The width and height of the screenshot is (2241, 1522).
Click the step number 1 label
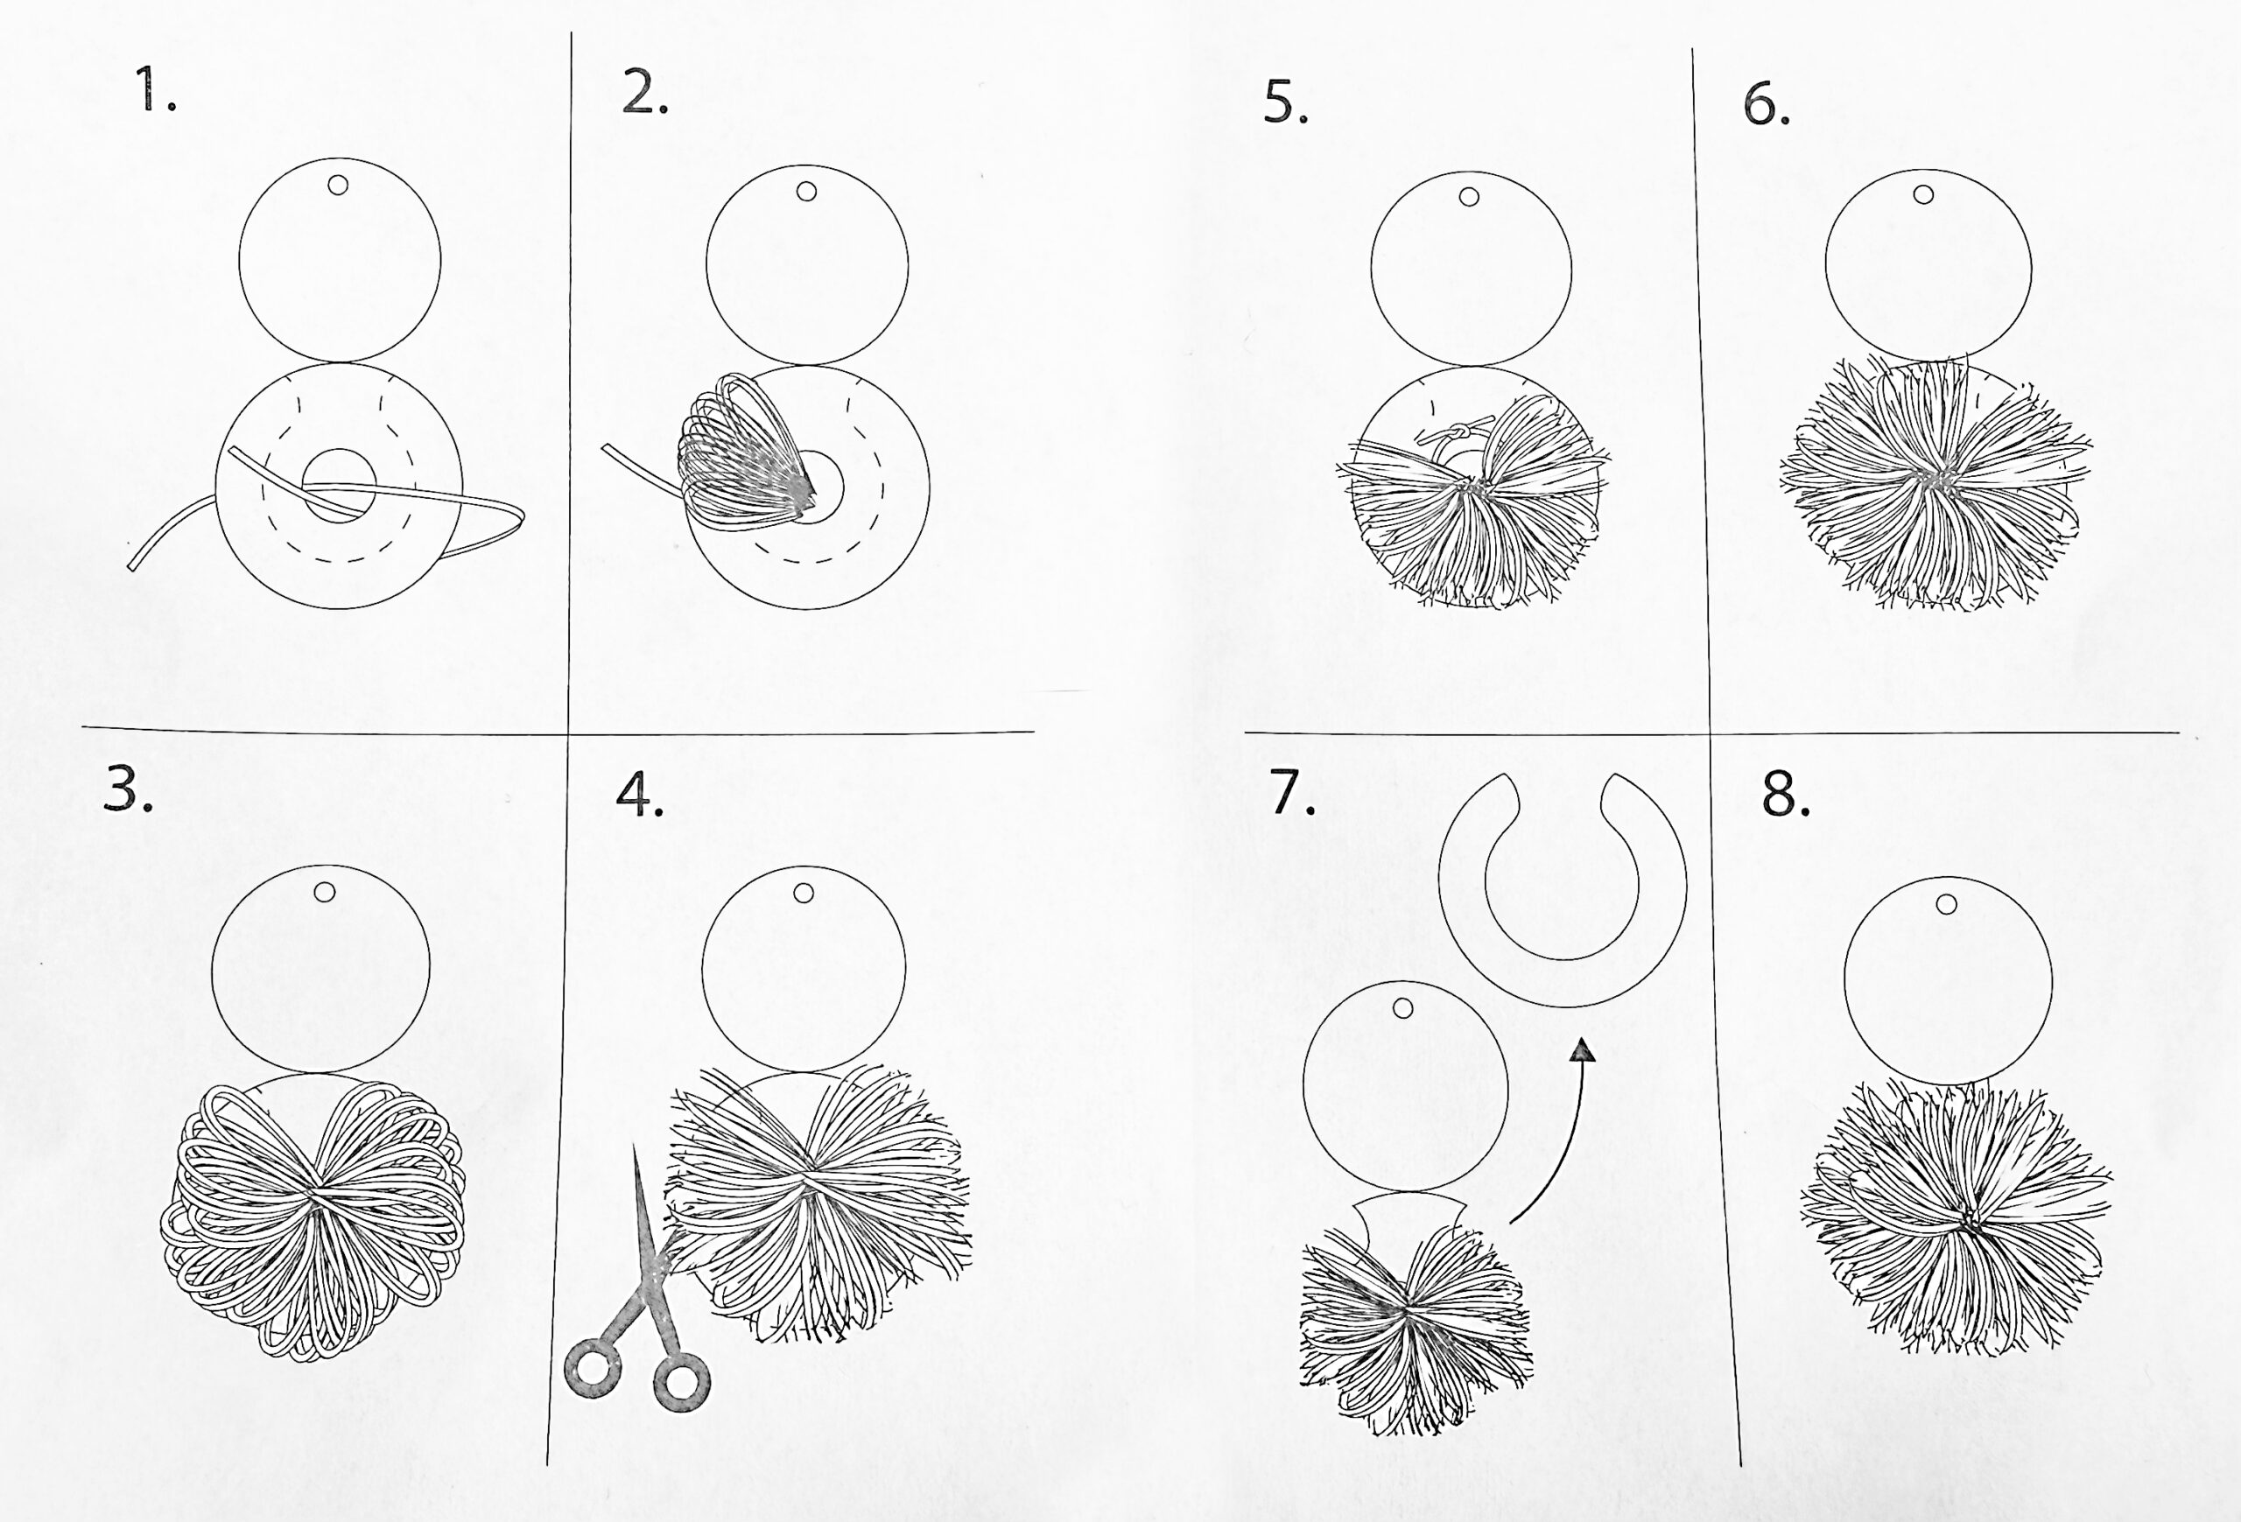click(x=155, y=89)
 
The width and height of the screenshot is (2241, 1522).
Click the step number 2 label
click(x=645, y=94)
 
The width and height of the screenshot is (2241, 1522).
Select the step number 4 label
click(x=639, y=796)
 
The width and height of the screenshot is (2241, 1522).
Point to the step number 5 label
click(x=1285, y=103)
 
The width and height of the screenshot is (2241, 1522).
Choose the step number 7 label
click(x=1292, y=792)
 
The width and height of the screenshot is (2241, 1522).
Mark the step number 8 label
click(x=1786, y=796)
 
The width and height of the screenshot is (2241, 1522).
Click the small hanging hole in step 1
click(x=338, y=184)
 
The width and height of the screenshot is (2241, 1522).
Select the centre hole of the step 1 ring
click(x=339, y=485)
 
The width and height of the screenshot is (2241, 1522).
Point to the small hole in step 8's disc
click(x=1946, y=904)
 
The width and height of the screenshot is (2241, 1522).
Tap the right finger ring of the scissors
click(x=682, y=1382)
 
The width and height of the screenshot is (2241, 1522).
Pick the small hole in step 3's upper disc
click(x=324, y=892)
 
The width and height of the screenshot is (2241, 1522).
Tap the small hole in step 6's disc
click(x=1922, y=194)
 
